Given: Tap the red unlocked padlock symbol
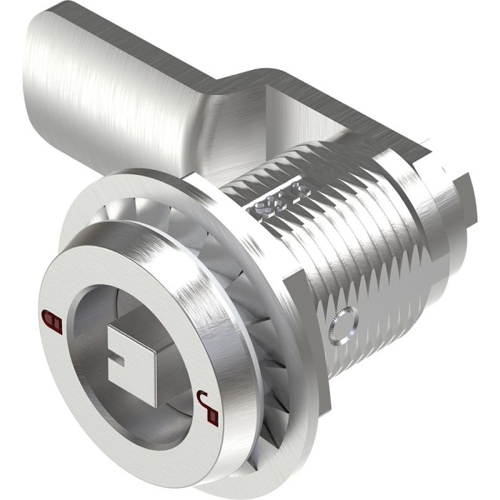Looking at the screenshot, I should [206, 407].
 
